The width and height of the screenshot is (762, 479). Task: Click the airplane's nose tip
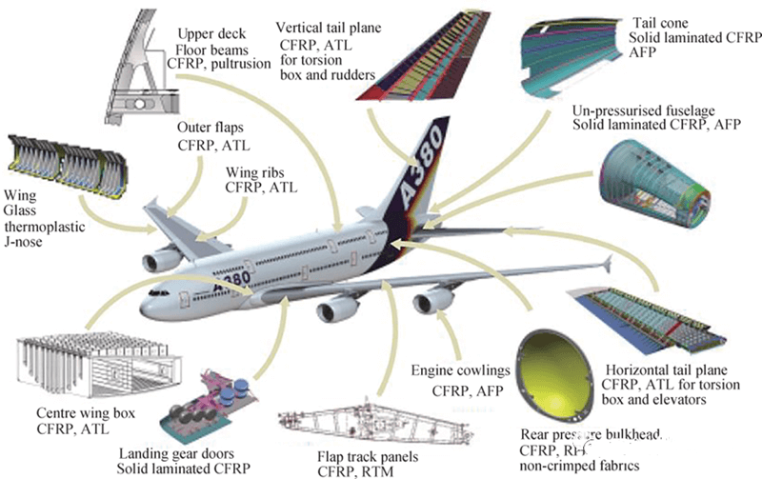pyautogui.click(x=140, y=309)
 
